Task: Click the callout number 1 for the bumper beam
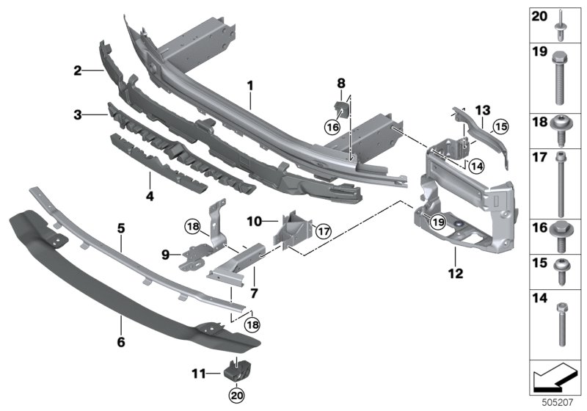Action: pyautogui.click(x=249, y=85)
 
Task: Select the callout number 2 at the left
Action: pyautogui.click(x=77, y=70)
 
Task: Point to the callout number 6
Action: pyautogui.click(x=121, y=342)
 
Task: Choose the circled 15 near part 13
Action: pyautogui.click(x=499, y=126)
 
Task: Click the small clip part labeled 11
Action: pyautogui.click(x=236, y=371)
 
